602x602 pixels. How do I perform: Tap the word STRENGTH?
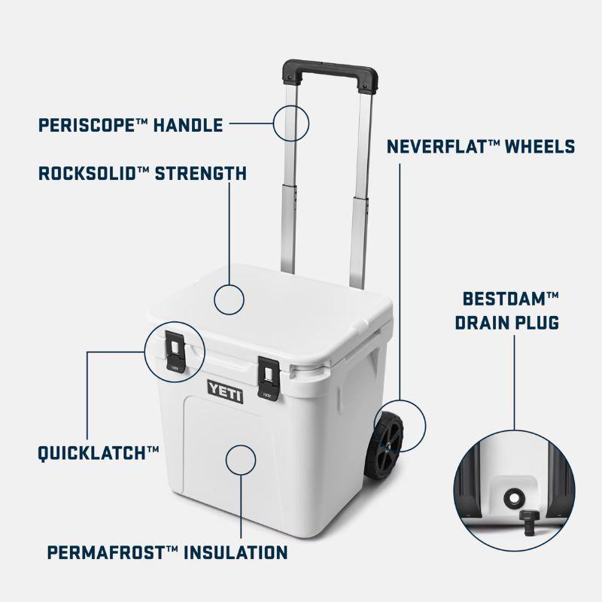tap(200, 173)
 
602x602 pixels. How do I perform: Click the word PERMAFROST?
tap(107, 552)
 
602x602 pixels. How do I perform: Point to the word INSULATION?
tap(236, 552)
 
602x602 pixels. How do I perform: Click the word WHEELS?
tap(540, 146)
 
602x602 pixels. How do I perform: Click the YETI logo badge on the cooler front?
tap(225, 391)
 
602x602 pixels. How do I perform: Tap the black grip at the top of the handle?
tap(330, 74)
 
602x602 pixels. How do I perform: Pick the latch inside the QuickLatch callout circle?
tap(175, 351)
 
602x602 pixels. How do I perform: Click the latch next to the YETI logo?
tap(269, 379)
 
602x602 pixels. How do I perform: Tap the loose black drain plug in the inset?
tap(530, 521)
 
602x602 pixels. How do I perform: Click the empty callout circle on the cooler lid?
tap(230, 299)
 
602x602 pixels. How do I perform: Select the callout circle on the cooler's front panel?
tap(241, 460)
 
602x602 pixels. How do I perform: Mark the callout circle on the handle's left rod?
tap(291, 123)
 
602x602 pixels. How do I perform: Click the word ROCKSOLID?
tap(88, 173)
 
